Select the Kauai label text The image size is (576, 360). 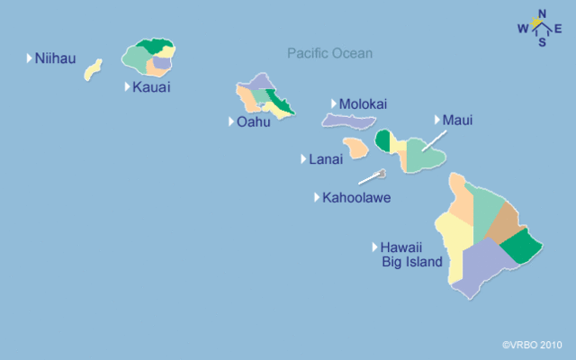point(150,87)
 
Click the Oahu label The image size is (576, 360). point(253,121)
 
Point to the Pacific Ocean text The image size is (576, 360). point(329,53)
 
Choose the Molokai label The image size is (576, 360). point(363,103)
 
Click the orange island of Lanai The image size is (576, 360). point(355,147)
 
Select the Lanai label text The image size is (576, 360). point(325,159)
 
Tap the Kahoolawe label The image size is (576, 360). point(356,197)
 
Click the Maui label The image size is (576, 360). point(457,120)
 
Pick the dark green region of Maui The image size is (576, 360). point(383,139)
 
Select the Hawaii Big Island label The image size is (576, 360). point(411,255)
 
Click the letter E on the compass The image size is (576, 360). point(558,28)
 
